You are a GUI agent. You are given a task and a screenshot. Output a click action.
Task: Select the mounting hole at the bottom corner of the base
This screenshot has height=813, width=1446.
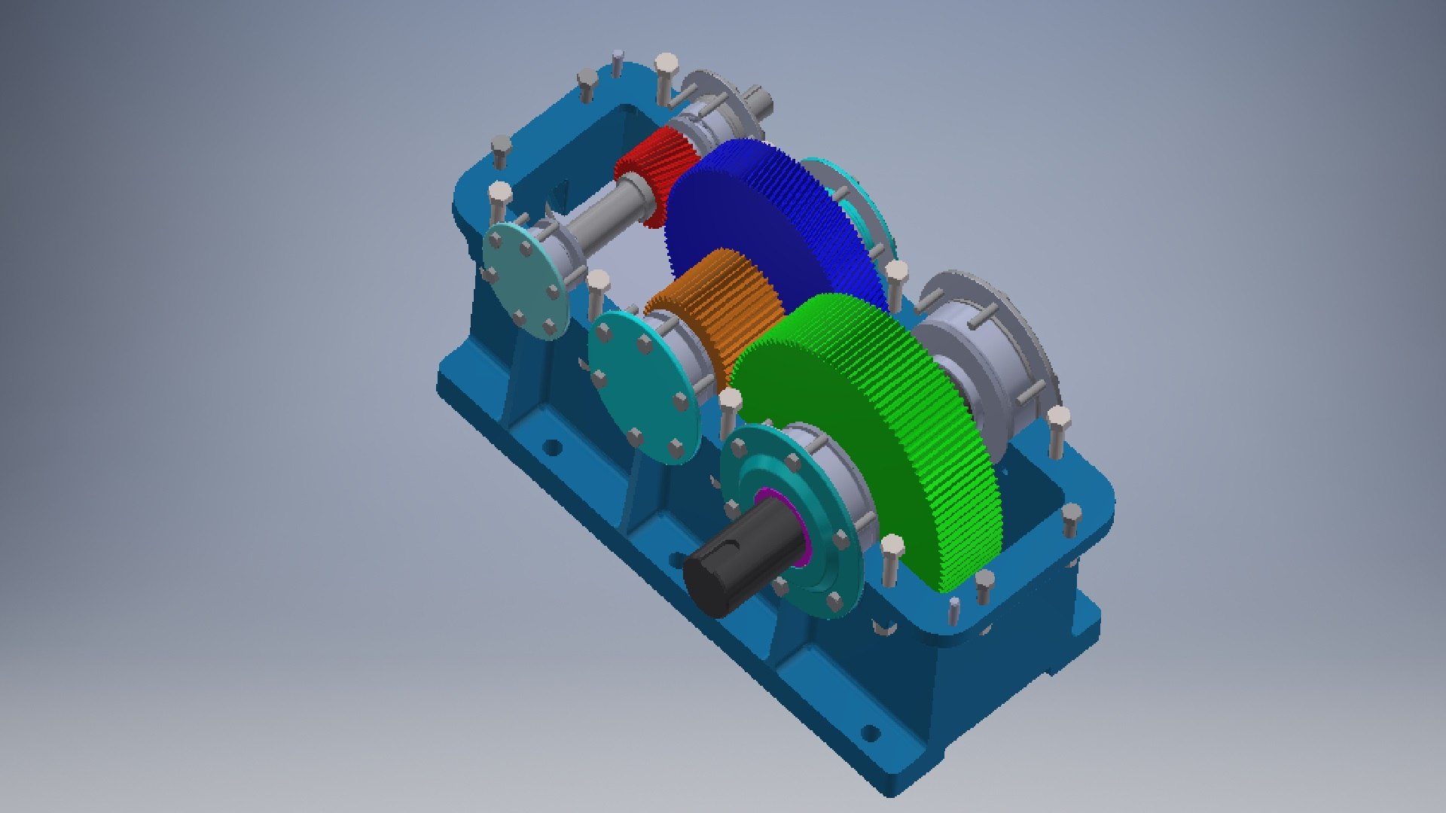tap(869, 733)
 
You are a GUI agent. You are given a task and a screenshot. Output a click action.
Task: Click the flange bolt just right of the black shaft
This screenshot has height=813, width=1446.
tap(840, 538)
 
